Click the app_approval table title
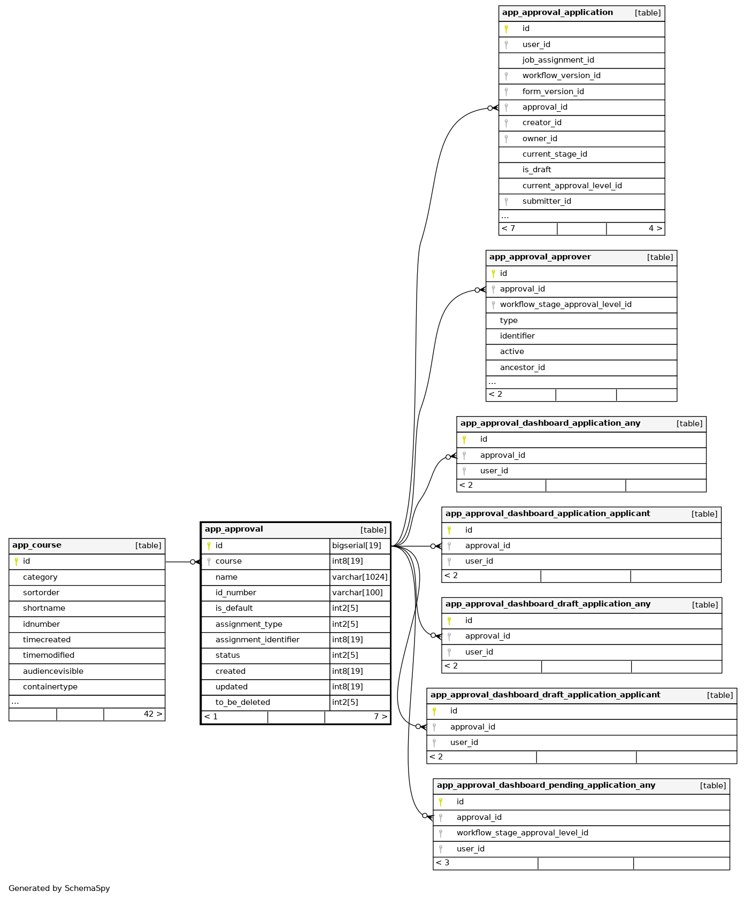pos(234,529)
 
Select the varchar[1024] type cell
pos(359,577)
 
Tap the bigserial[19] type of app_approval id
pos(357,545)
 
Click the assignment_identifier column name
pos(257,640)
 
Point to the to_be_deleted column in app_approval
pos(242,702)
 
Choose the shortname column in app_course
pos(44,608)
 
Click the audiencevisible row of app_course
pos(53,671)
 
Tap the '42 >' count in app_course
pos(153,714)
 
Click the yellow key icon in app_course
pos(16,562)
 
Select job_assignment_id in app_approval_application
pos(558,60)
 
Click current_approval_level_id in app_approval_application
pos(572,186)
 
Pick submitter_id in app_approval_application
pos(547,201)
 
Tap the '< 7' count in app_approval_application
pos(509,228)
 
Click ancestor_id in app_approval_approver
pos(522,367)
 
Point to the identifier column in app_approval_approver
pos(517,336)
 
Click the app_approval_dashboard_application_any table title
pos(550,423)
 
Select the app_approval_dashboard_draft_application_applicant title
pos(545,695)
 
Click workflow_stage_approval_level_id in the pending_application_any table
pos(522,833)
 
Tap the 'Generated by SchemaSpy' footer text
pos(59,888)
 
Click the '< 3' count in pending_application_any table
pos(443,863)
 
